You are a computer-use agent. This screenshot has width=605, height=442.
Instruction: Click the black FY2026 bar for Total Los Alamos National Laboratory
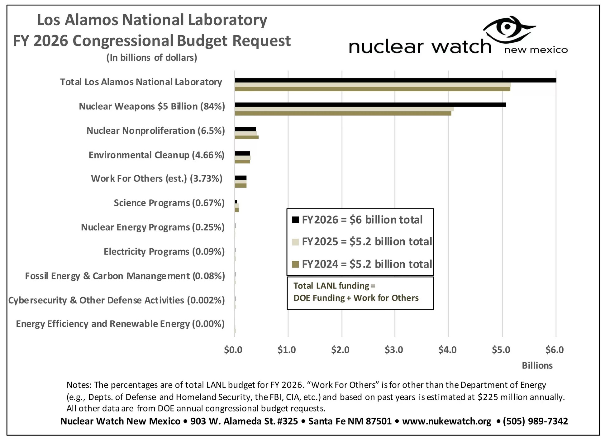click(x=395, y=80)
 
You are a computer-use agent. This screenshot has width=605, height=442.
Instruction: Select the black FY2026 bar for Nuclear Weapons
click(x=370, y=105)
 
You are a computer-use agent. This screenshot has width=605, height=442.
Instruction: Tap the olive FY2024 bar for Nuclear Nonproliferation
click(x=246, y=137)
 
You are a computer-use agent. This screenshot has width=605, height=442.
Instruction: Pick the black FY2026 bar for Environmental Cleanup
click(x=242, y=153)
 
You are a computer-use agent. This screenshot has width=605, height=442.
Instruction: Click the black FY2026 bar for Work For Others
click(x=241, y=178)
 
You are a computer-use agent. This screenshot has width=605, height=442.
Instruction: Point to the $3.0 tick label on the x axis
click(x=394, y=350)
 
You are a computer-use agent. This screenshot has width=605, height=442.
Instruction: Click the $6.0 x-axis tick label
click(x=555, y=350)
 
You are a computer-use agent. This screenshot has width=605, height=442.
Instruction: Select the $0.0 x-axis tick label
click(x=233, y=350)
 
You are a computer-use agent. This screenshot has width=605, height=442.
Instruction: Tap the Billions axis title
click(x=537, y=365)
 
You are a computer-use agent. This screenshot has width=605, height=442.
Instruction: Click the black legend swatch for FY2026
click(x=295, y=220)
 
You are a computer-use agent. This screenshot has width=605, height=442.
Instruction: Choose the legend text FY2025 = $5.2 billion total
click(x=367, y=242)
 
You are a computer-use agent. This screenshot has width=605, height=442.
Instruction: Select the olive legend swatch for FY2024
click(x=295, y=264)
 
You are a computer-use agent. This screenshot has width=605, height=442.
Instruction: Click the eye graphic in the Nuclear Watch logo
click(x=508, y=27)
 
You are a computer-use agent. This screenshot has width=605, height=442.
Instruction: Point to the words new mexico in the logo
click(x=536, y=50)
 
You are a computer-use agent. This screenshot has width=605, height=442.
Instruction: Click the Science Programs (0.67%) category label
click(x=169, y=203)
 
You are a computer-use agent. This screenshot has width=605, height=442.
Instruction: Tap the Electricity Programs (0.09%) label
click(x=164, y=251)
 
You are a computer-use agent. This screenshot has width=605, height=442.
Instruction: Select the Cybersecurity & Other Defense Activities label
click(x=116, y=300)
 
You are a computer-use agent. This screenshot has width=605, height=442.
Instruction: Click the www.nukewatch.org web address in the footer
click(x=446, y=421)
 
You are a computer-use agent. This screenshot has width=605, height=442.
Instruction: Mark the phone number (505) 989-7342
click(x=535, y=421)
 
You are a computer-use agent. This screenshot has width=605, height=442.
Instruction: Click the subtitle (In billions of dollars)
click(x=152, y=58)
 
